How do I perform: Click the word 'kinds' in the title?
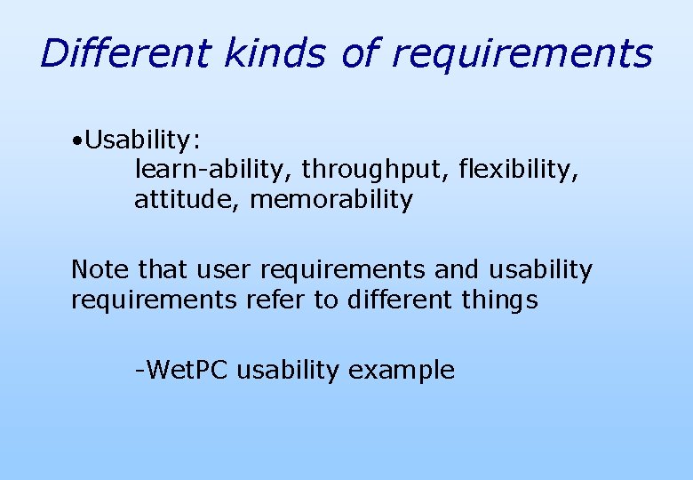[x=275, y=53]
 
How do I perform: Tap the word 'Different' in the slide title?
[x=123, y=53]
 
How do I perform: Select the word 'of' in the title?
[x=360, y=53]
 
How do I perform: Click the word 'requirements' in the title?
[x=522, y=55]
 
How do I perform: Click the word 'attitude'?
[x=187, y=200]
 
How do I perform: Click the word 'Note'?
[x=100, y=269]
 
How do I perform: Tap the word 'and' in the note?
[x=457, y=269]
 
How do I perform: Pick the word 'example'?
[x=402, y=371]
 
